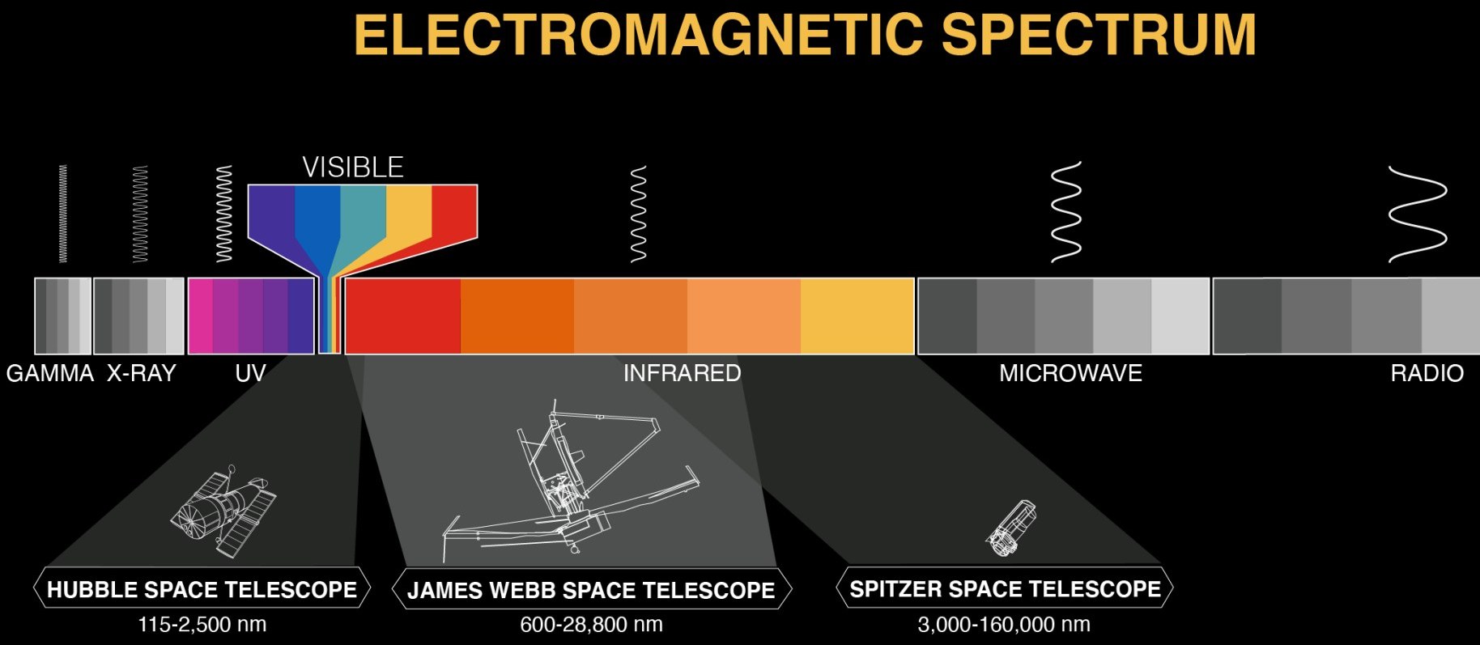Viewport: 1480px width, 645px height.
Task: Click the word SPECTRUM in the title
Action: [x=1099, y=35]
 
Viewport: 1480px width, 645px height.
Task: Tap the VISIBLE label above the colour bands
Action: [x=353, y=168]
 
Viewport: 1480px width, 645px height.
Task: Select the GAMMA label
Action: [x=50, y=373]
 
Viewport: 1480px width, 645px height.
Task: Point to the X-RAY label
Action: [x=142, y=373]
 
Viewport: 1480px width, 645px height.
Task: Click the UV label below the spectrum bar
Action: [x=250, y=373]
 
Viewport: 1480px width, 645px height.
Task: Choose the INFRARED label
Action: [x=683, y=373]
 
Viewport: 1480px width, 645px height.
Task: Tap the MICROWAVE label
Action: [x=1070, y=373]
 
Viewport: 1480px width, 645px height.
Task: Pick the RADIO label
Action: [x=1427, y=373]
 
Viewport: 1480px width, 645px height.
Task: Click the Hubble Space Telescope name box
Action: [x=202, y=589]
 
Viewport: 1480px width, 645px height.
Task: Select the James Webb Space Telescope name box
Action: [x=591, y=589]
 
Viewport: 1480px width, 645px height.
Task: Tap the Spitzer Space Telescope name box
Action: [x=1005, y=588]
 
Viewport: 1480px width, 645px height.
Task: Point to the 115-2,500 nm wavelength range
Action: [x=202, y=625]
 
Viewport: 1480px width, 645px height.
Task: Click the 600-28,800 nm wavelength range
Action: [x=591, y=625]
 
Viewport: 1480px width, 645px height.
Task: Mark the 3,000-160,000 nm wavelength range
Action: [x=1004, y=625]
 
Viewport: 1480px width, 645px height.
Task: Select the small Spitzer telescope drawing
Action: [x=1012, y=528]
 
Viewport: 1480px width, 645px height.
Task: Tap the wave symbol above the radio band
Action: [x=1418, y=214]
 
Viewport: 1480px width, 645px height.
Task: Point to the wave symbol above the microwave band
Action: [x=1066, y=211]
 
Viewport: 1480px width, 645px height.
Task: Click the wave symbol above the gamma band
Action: [x=63, y=214]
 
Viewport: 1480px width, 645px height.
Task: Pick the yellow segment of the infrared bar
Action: [x=857, y=316]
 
